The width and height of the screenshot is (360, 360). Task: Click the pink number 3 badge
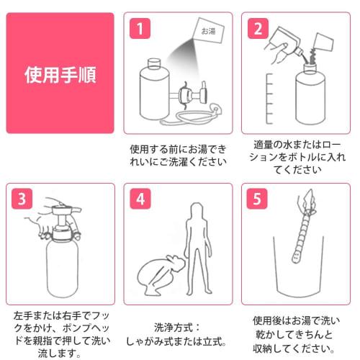(23, 198)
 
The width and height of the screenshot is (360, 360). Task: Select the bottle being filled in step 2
(314, 97)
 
